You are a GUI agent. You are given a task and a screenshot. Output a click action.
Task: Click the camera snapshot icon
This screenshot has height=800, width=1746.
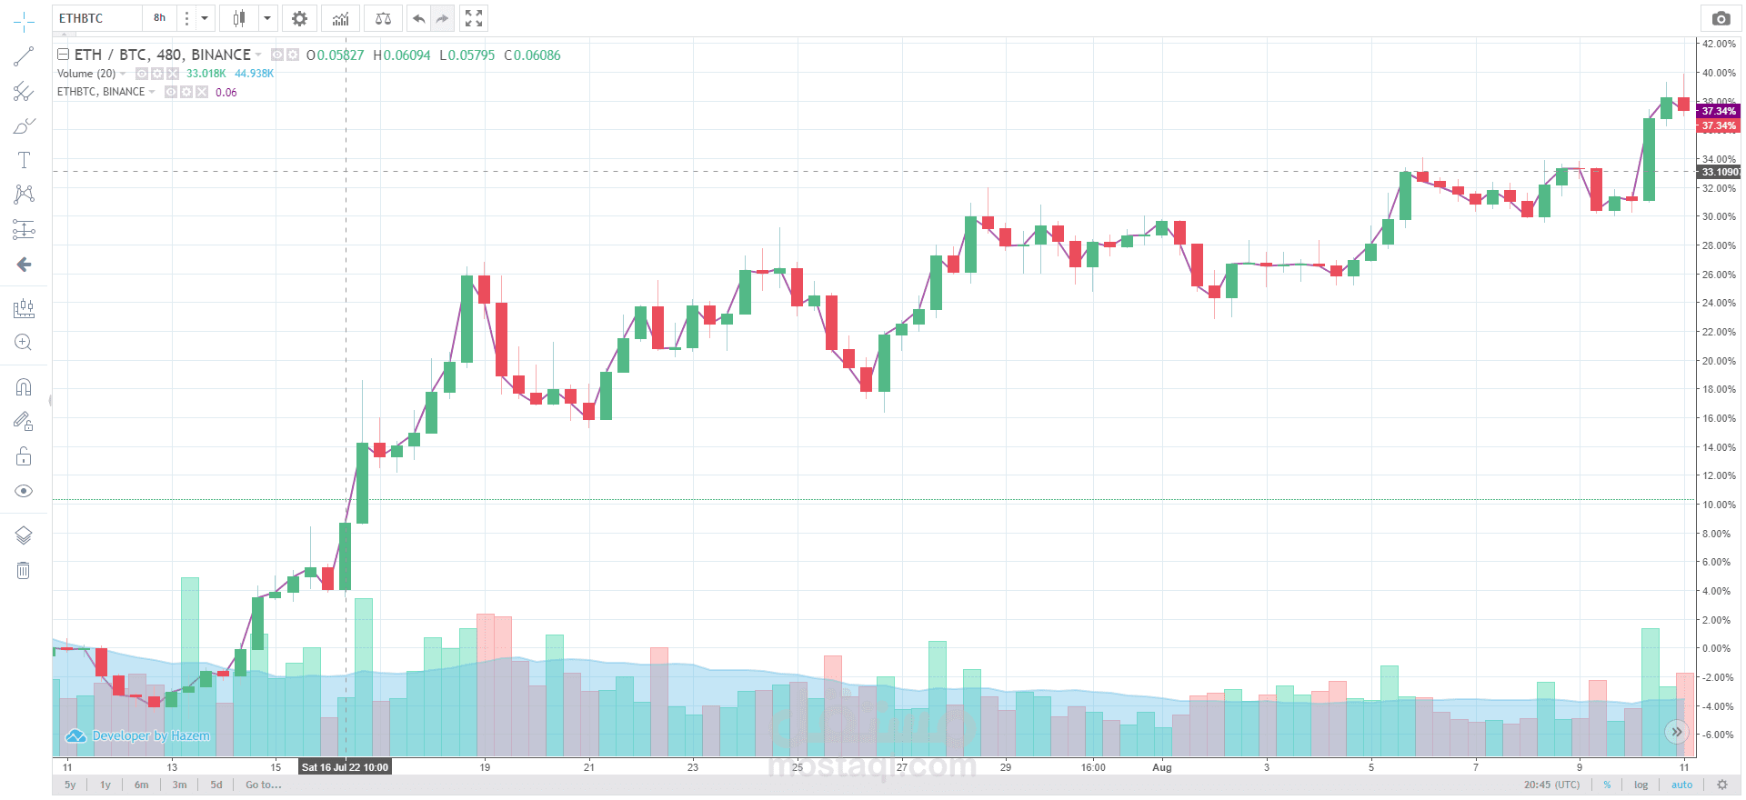tap(1720, 18)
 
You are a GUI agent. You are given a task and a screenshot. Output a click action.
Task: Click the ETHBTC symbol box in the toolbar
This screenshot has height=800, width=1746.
tap(95, 18)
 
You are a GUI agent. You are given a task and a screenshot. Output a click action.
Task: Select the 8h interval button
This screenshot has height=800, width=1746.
tap(159, 18)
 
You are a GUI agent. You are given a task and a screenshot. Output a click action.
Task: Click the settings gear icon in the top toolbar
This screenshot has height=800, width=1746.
tap(299, 18)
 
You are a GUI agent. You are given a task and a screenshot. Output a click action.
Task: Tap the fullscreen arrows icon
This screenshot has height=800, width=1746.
tap(473, 18)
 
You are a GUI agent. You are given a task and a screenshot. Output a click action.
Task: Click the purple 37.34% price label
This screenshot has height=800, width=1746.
tap(1718, 111)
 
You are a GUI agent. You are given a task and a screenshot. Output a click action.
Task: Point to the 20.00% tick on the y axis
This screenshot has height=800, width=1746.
tap(1718, 361)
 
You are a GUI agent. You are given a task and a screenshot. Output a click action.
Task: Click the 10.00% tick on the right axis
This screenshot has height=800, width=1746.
tap(1718, 505)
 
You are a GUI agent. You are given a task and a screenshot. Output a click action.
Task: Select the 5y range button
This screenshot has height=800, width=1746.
tap(70, 785)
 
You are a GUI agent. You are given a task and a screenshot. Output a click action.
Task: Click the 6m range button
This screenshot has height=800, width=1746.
tap(141, 785)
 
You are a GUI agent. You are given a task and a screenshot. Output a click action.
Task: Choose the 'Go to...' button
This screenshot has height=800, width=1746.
tap(263, 785)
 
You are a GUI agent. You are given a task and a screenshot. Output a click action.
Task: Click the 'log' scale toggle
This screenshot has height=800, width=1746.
tap(1641, 785)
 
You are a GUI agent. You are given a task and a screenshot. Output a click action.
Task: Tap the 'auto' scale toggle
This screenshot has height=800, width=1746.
tap(1681, 785)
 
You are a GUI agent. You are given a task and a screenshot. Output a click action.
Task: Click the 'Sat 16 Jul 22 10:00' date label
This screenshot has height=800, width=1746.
tap(345, 767)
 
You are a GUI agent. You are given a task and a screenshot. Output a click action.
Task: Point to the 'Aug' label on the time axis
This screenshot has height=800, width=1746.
tap(1161, 767)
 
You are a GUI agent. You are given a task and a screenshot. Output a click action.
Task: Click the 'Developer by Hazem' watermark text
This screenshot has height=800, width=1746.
tap(150, 735)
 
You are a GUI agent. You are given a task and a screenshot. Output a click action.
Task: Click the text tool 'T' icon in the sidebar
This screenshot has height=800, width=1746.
tap(24, 160)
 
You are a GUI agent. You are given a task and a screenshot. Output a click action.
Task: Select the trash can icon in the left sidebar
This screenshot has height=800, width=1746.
tap(24, 571)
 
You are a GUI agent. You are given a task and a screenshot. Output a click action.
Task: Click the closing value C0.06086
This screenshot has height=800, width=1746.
tap(533, 55)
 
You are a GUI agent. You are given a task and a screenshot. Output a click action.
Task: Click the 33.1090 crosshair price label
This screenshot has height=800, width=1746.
tap(1720, 172)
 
